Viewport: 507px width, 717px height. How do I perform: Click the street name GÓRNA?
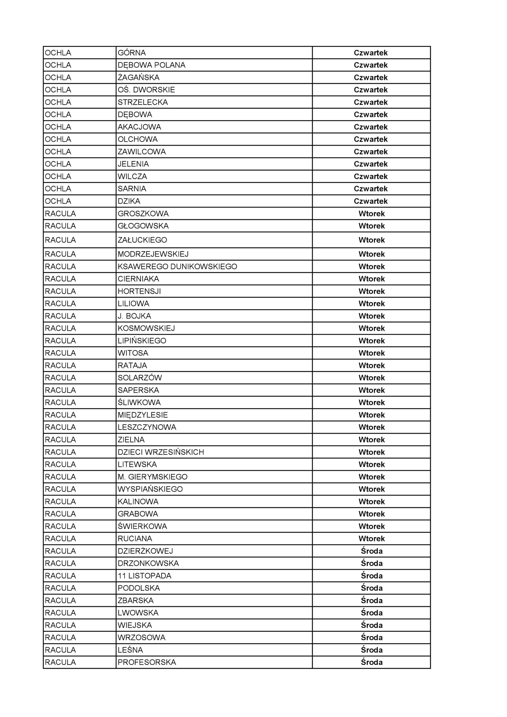pos(132,53)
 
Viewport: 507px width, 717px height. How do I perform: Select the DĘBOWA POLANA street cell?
pos(152,65)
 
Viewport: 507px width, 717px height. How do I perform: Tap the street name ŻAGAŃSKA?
pos(138,78)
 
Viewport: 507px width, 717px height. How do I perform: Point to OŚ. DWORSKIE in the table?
pos(146,90)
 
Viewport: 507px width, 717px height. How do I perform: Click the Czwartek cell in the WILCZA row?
pos(371,176)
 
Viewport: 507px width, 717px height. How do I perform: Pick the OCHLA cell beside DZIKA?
pos(58,201)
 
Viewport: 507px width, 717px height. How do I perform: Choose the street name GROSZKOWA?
pos(143,214)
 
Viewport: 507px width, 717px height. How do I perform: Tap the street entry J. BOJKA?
pos(134,316)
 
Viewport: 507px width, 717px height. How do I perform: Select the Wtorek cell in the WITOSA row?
pos(371,353)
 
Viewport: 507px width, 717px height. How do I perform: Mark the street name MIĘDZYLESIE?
pos(143,415)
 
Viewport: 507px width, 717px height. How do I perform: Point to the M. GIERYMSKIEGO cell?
pos(152,477)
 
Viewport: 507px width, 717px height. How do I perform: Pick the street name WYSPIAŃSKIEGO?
pos(150,489)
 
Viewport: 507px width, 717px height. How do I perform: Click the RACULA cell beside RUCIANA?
pos(60,539)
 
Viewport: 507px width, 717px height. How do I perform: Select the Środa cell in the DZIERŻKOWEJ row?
pos(371,551)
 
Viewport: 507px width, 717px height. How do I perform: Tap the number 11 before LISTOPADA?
pos(122,576)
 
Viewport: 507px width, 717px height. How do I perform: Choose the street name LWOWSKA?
pos(138,613)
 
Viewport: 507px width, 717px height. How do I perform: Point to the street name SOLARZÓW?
pos(140,378)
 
